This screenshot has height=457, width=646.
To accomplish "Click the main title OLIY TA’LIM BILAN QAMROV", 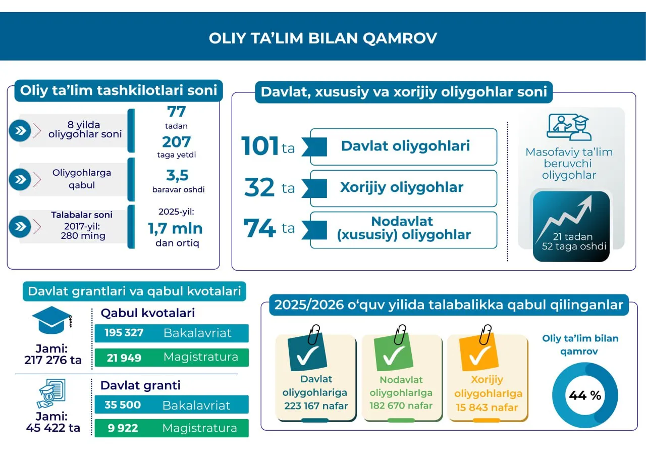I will (323, 38).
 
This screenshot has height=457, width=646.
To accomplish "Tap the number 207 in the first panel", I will (176, 142).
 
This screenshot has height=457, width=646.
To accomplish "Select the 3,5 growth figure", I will (177, 175).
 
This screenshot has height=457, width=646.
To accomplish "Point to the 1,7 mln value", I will (175, 229).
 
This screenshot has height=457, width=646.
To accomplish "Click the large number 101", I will (260, 146).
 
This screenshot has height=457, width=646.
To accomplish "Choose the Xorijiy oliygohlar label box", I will (403, 188).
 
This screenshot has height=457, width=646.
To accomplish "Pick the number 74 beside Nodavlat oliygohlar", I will (259, 228).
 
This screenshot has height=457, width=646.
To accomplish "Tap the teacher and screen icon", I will (568, 127).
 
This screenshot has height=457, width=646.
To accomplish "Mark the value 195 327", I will (124, 333).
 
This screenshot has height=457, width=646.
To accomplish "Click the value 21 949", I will (124, 358).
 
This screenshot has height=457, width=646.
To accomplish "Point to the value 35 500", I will (123, 405).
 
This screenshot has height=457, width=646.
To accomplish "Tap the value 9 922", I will (123, 428).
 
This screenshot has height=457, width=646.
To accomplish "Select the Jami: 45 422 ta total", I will (52, 423).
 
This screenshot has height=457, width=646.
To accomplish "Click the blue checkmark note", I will (307, 352).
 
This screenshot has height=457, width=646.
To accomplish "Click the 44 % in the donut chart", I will (585, 396).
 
